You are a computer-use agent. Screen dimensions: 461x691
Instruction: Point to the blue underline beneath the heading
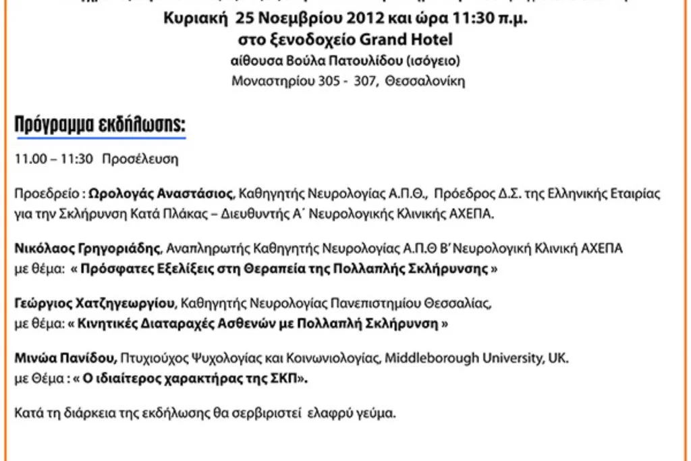click(x=101, y=138)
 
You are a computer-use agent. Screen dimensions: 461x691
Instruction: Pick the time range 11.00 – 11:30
click(x=53, y=160)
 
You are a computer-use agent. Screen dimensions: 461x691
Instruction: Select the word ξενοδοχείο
click(x=318, y=39)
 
